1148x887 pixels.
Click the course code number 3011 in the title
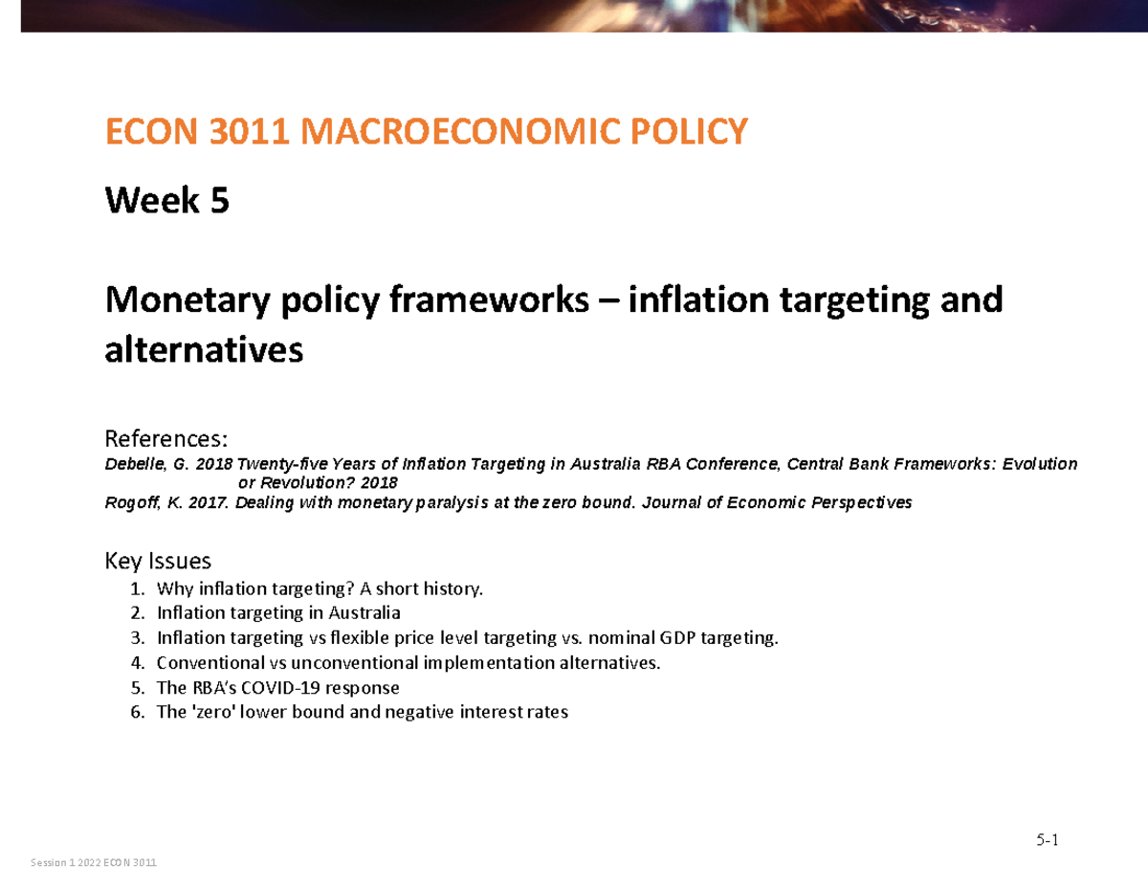(243, 131)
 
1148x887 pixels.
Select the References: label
(166, 439)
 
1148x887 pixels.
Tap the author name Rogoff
(130, 502)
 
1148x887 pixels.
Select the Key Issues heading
(157, 561)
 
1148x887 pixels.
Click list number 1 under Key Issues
(138, 588)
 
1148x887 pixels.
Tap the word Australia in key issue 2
(364, 613)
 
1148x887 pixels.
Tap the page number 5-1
(1049, 841)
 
